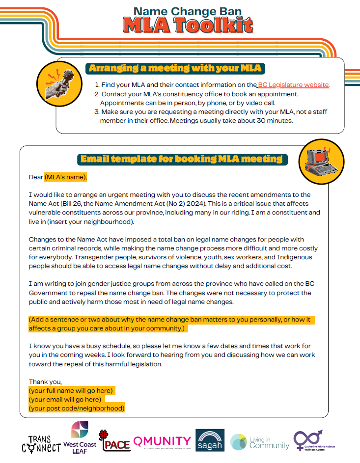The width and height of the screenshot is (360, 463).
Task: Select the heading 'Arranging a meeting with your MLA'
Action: (174, 68)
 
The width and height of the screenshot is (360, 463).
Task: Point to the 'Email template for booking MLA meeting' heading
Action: (181, 159)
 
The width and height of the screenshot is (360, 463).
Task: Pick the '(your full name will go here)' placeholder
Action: (72, 390)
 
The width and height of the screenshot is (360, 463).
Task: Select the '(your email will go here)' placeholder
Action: (65, 399)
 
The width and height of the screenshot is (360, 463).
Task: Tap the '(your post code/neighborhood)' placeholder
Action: (77, 408)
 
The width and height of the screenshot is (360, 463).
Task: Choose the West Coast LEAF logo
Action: (80, 438)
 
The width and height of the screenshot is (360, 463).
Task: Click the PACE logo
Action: (114, 441)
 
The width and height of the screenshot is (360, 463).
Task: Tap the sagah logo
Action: (210, 440)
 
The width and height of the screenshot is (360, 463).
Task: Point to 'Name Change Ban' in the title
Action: (181, 11)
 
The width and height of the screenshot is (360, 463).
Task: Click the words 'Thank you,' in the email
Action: (46, 381)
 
